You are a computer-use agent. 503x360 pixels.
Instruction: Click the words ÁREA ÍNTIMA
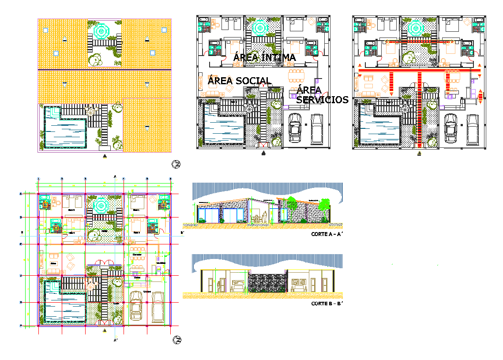264,57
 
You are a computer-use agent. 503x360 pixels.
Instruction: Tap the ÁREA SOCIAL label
239,81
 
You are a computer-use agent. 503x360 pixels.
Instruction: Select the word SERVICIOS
322,100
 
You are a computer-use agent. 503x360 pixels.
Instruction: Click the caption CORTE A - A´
327,234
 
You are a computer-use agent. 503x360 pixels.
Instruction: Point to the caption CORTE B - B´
327,304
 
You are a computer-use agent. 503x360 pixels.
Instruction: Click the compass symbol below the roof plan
176,165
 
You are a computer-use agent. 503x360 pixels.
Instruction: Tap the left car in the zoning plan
295,128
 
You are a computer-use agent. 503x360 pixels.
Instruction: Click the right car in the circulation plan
473,129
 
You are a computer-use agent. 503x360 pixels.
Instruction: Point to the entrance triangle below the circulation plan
419,154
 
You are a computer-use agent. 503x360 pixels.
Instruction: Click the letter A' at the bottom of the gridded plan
116,341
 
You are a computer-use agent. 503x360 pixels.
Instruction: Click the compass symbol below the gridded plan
176,340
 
